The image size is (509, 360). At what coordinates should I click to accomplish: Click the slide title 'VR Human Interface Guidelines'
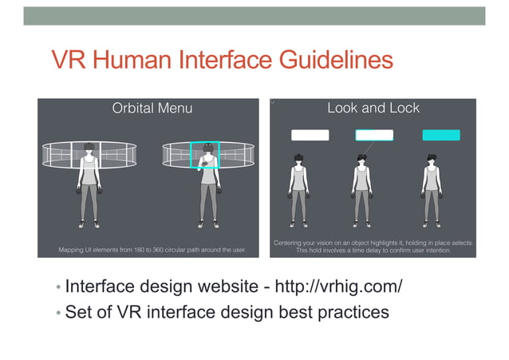222,61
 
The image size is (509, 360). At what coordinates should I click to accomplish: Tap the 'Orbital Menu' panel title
152,108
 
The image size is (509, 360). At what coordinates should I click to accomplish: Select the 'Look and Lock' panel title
373,108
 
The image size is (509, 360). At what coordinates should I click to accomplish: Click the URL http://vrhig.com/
338,286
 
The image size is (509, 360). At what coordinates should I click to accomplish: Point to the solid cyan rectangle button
440,135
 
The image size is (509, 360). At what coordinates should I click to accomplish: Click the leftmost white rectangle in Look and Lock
310,135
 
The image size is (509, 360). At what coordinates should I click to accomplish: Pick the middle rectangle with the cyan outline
374,135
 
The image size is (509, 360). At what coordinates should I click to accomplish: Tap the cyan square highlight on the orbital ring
204,156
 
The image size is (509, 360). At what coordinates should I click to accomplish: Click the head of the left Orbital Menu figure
89,148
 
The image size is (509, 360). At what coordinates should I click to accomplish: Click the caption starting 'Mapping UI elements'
152,250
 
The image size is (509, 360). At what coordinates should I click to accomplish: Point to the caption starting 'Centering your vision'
373,246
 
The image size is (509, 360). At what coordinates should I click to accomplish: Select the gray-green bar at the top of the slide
254,15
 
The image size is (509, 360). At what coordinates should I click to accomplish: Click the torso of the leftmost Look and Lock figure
299,180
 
